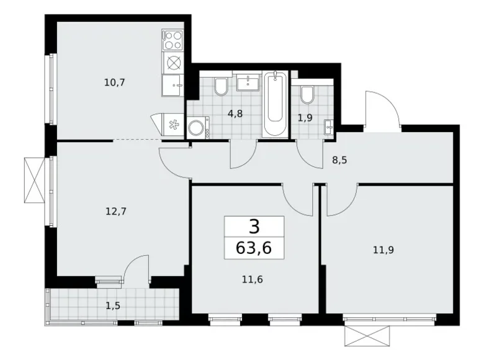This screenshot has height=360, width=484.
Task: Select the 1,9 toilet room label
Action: coord(305,117)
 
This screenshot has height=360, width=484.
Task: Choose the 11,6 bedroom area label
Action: coord(251,280)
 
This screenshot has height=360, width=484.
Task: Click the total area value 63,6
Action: coord(254,249)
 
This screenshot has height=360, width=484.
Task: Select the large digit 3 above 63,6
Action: coord(254,227)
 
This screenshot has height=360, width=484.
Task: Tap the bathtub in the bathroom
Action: coord(275,105)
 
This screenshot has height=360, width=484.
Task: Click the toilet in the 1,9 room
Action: coord(307,94)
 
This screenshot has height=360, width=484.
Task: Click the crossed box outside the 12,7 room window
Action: coord(34,179)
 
